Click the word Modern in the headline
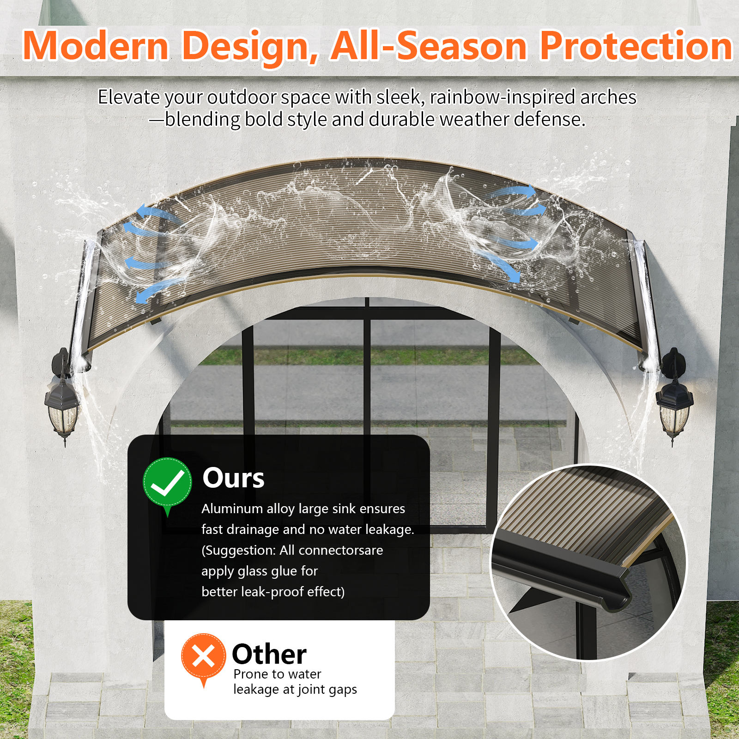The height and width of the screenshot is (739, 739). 96,45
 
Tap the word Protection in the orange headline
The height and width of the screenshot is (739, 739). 636,45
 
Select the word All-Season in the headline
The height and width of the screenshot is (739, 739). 429,45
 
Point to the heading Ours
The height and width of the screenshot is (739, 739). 233,478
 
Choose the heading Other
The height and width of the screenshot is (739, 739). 269,654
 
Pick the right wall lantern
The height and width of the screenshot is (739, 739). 674,397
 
